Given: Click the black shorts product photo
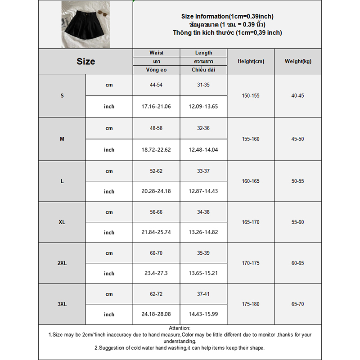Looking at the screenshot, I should (x=85, y=24).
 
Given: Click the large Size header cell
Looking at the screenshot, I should (x=85, y=62).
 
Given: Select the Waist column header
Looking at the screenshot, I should (x=156, y=53).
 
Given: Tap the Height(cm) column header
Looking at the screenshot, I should (x=251, y=62).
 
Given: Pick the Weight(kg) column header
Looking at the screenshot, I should (x=298, y=62).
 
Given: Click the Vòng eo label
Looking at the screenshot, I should (x=156, y=70).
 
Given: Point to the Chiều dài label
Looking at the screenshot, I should (x=203, y=70).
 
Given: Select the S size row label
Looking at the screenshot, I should (x=62, y=96).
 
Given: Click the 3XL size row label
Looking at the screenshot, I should (x=62, y=304).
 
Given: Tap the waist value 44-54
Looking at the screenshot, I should (x=156, y=85).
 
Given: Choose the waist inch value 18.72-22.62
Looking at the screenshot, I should (x=156, y=150).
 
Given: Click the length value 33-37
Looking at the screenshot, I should (x=203, y=171).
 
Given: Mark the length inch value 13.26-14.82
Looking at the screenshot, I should (x=203, y=233).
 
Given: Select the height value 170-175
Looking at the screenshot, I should (x=251, y=263).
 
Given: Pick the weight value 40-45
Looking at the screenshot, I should (x=298, y=96).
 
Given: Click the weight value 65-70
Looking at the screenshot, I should (x=298, y=304).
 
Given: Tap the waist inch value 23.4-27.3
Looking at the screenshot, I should (x=156, y=274).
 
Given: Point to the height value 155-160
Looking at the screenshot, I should (x=251, y=139).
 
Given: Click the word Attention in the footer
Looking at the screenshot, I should (x=180, y=328).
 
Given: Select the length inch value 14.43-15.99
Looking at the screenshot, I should (x=203, y=315).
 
